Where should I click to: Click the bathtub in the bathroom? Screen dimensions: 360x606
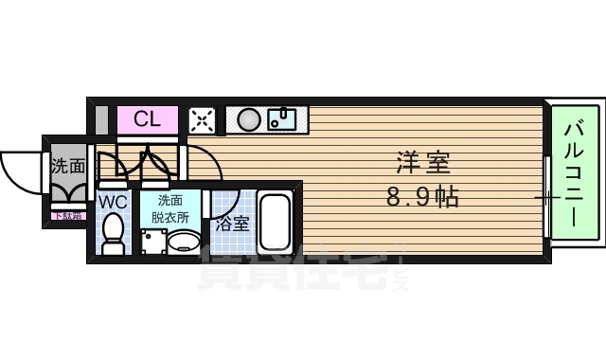pos(276,224)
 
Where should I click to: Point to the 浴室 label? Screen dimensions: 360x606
pos(232,225)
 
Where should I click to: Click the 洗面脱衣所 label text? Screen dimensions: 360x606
pos(170,208)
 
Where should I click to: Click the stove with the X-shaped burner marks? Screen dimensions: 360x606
pos(204,119)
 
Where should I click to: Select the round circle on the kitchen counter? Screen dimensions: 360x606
pos(249,119)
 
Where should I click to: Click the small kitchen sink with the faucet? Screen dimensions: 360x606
pos(283,119)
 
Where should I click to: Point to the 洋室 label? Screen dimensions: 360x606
pos(420,163)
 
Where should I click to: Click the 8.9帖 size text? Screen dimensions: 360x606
pos(422,198)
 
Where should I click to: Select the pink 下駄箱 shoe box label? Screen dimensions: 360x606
pos(67,216)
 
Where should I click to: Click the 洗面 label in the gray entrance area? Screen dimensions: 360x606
pos(67,166)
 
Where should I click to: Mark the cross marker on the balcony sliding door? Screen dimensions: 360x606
pos(547,197)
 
